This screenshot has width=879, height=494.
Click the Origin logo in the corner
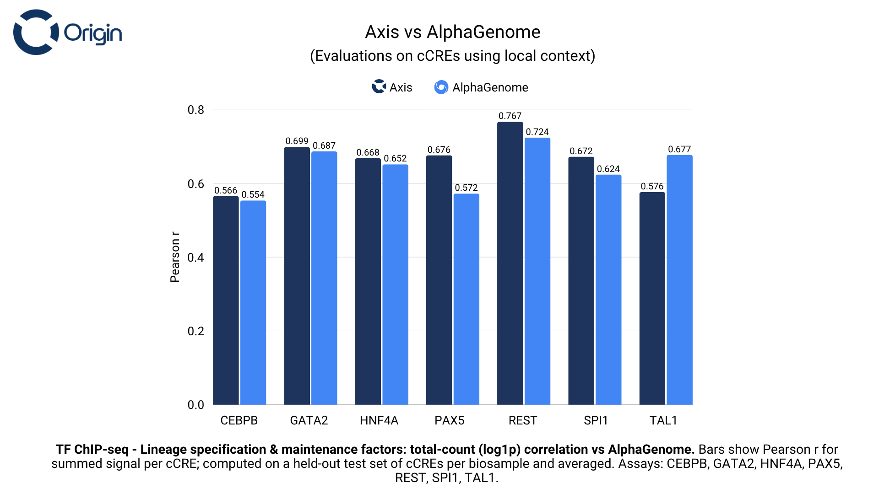(67, 32)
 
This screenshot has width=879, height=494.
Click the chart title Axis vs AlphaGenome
(452, 32)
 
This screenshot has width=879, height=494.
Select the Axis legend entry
(392, 87)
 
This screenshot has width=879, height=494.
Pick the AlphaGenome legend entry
(481, 87)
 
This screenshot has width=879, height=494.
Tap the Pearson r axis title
(175, 257)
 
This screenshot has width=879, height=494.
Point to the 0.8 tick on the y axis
(196, 110)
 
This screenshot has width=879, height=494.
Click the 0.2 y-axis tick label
(196, 331)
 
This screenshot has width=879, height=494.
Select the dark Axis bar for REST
(510, 263)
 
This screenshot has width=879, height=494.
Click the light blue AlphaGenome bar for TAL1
(679, 279)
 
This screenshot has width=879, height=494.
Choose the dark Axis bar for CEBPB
(226, 300)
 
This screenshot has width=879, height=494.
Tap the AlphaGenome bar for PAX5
(466, 299)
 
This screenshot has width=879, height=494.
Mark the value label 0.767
(510, 116)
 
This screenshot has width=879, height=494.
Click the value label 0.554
(253, 194)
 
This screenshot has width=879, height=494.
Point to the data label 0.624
(608, 169)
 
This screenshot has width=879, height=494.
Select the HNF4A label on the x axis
(379, 420)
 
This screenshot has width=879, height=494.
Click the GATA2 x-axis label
(309, 420)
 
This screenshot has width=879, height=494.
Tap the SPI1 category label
(596, 420)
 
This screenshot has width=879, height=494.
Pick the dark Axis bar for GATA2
(297, 276)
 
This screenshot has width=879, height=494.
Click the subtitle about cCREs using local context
(452, 56)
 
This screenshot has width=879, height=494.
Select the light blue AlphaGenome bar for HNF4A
(395, 284)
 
